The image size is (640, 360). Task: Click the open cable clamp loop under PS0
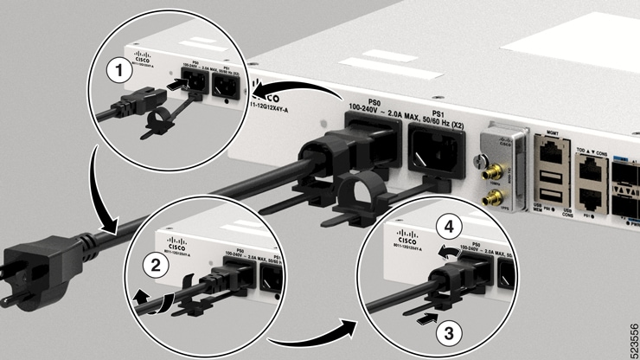click(x=352, y=196)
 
